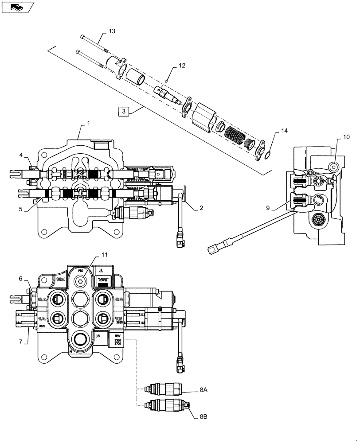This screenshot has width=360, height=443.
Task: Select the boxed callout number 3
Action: click(x=124, y=111)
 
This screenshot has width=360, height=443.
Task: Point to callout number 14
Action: click(x=284, y=131)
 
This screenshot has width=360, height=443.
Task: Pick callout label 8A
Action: click(x=203, y=390)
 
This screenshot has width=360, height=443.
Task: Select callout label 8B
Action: click(x=203, y=416)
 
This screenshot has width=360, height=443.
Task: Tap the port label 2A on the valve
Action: click(x=43, y=299)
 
